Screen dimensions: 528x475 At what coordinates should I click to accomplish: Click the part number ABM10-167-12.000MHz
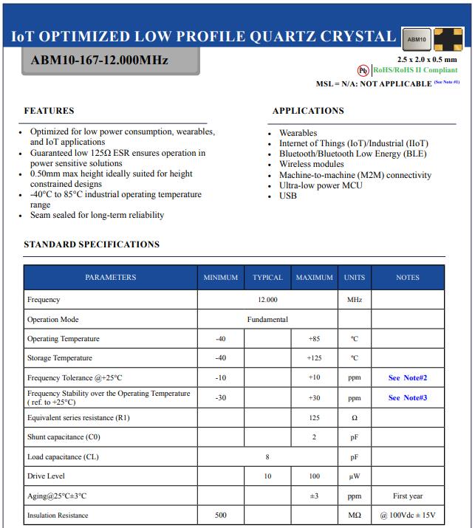[100, 60]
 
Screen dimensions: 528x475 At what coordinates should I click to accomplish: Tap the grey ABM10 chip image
[416, 38]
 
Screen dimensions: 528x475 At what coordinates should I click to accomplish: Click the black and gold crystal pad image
[448, 38]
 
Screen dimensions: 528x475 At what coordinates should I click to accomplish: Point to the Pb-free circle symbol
[363, 70]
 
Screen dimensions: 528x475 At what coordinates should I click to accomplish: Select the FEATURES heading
[49, 111]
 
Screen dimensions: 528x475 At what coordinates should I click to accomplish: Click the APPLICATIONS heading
[308, 111]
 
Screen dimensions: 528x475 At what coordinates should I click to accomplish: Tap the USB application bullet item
[287, 196]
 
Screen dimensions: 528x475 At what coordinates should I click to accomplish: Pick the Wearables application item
[298, 133]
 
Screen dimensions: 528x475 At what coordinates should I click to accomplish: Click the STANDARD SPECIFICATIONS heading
[92, 244]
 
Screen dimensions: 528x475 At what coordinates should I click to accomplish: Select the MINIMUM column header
[221, 278]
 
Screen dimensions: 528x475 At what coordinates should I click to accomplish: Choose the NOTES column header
[407, 278]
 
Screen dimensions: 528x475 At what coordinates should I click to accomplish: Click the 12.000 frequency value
[267, 300]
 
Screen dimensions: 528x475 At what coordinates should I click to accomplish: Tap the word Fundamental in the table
[267, 320]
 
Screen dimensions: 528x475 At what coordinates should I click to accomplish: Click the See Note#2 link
[408, 378]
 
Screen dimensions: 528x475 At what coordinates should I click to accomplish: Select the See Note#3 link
[408, 398]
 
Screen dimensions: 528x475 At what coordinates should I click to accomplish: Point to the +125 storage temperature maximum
[314, 358]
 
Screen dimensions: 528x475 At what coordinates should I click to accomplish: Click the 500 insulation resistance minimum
[221, 515]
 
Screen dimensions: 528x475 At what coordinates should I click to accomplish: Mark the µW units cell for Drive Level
[354, 476]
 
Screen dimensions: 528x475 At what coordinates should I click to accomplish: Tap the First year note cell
[408, 496]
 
